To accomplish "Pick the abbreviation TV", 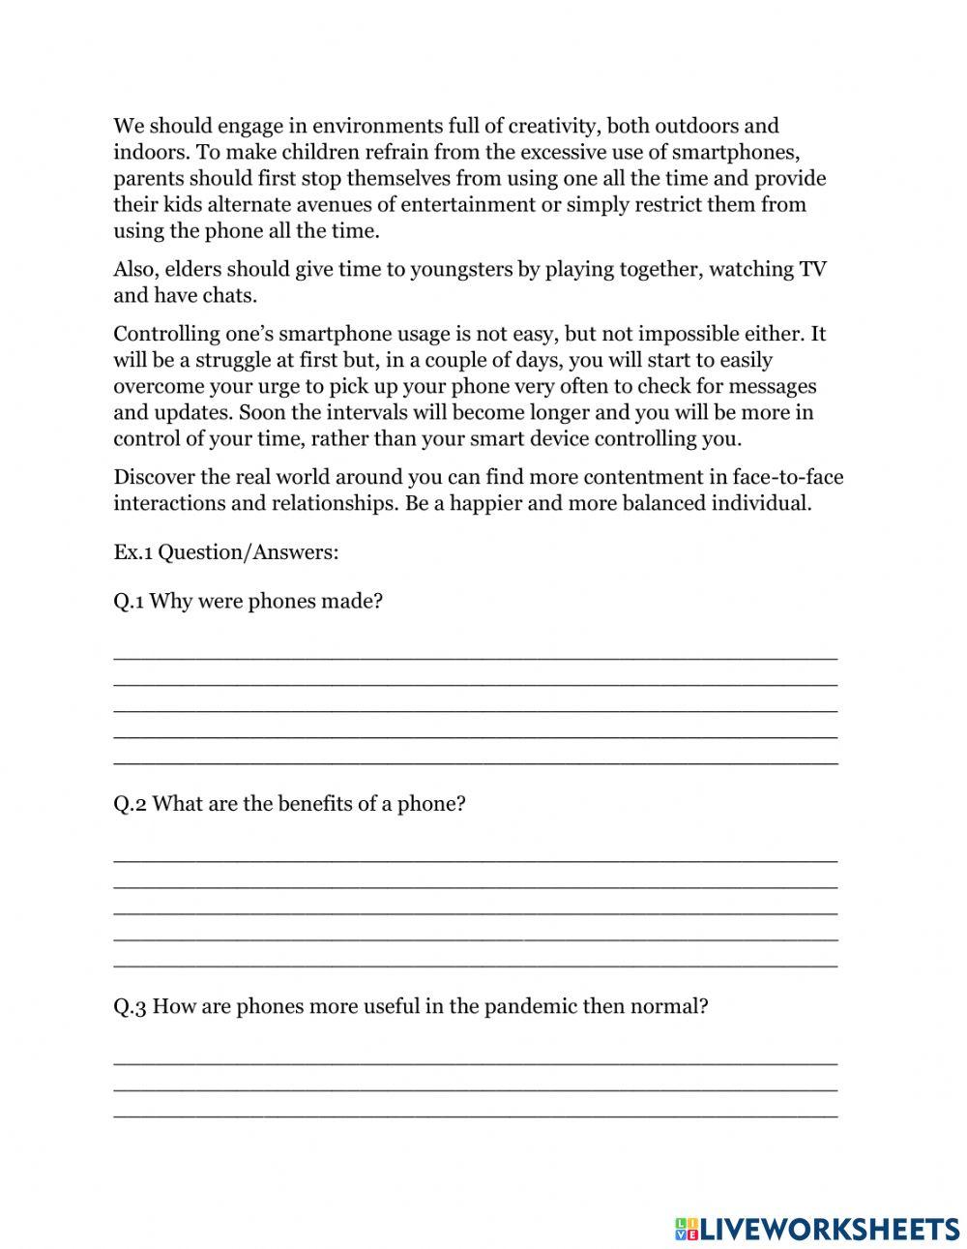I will pos(812,270).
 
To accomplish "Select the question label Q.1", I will pos(130,602).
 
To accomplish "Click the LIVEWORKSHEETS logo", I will pos(817,1229).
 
